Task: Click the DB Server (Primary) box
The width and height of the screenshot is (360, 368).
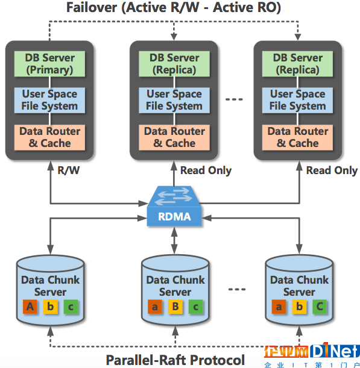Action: point(49,64)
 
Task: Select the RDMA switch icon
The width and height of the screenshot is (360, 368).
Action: point(174,206)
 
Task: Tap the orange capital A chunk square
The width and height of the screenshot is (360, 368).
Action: point(30,307)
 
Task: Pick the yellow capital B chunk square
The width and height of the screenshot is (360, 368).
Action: point(175,307)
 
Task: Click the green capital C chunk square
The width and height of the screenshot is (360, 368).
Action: point(320,307)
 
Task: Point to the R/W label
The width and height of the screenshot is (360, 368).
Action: point(69,170)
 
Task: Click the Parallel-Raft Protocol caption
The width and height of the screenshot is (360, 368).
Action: point(175,360)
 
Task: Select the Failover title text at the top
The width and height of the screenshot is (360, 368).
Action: point(174,7)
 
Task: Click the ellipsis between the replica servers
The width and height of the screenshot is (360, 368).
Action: point(234,99)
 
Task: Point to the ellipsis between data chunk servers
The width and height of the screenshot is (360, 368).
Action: point(237,289)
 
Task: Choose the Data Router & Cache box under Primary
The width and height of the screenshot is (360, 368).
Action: point(49,137)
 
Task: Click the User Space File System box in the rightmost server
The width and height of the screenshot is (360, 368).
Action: point(297,100)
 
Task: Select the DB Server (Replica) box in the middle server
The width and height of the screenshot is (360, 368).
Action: point(174,64)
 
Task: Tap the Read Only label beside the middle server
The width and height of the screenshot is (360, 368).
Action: point(206,170)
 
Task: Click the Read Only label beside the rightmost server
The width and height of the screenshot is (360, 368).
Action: point(332,170)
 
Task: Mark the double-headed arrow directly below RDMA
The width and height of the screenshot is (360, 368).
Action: point(174,240)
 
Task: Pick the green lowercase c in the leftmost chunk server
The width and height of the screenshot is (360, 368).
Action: point(71,307)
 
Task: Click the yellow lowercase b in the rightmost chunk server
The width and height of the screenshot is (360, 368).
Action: point(299,307)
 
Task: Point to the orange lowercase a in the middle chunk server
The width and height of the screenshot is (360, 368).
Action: point(155,307)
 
